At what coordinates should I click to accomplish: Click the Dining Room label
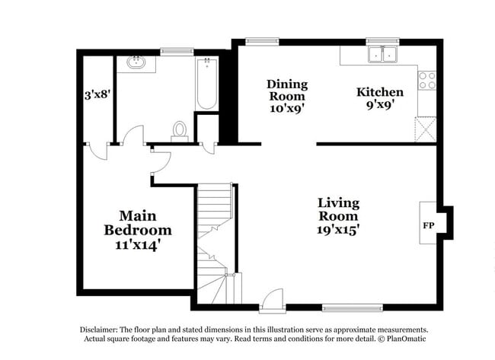[286, 91]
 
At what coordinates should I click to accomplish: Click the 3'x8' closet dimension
[97, 96]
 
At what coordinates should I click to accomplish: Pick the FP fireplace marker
[428, 226]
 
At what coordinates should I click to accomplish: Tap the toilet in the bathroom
[180, 131]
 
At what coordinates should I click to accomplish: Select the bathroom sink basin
[139, 62]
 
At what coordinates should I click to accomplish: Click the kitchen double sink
[382, 55]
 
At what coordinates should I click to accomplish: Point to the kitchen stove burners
[427, 80]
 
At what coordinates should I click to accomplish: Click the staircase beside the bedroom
[215, 228]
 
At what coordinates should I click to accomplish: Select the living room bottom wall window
[346, 308]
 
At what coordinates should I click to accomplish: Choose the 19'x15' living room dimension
[339, 228]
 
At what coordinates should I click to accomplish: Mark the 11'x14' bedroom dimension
[138, 245]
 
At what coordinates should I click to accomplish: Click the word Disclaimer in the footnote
[100, 330]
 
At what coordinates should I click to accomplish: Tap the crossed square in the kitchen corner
[425, 128]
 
